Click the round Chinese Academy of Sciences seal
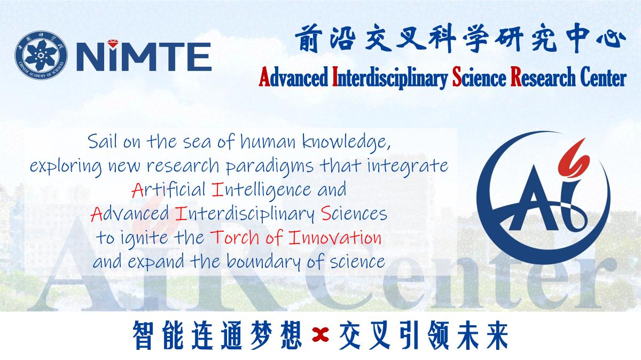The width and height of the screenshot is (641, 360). tap(41, 55)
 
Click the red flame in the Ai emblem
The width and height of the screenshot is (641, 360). tap(574, 158)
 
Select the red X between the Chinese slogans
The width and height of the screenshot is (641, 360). tap(320, 335)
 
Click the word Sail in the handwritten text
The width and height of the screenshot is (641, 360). tap(103, 142)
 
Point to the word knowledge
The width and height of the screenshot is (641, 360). tap(346, 143)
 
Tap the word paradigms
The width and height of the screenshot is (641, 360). tap(270, 167)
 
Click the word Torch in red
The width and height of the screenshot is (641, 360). tap(234, 238)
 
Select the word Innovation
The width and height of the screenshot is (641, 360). tap(335, 238)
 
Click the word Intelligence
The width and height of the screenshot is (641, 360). tap(262, 190)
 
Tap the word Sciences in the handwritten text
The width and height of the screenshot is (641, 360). tap(354, 214)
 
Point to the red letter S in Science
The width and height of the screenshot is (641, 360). tap(457, 77)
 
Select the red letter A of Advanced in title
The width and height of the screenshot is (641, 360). tap(264, 77)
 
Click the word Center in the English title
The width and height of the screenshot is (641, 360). tap(604, 77)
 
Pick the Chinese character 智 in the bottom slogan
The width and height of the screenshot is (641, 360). tap(143, 335)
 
